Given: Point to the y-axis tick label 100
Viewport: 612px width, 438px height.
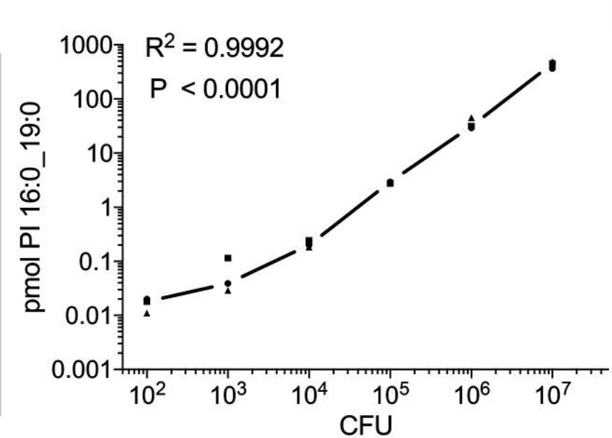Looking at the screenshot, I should (92, 99).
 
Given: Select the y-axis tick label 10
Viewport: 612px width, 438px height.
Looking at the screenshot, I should (100, 153).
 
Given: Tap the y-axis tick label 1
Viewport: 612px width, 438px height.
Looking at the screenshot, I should (107, 207).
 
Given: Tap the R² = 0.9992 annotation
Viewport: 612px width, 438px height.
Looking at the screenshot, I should (214, 49).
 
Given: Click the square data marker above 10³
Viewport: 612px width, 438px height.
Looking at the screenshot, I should (227, 258).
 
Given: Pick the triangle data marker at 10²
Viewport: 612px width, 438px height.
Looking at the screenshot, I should (147, 313).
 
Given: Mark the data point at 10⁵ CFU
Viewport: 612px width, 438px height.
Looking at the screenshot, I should (390, 183).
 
